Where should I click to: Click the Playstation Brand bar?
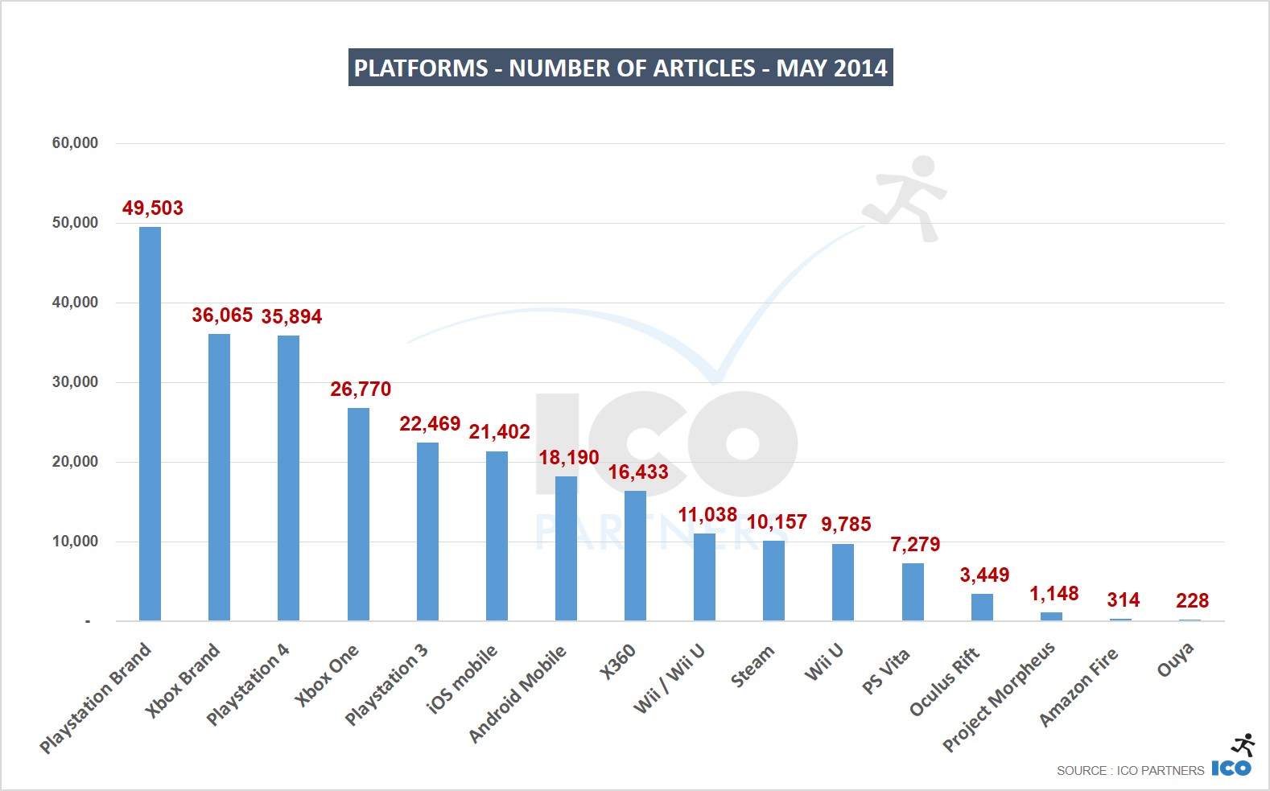tap(150, 423)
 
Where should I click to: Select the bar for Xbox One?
tap(358, 514)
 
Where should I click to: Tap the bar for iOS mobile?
tap(497, 536)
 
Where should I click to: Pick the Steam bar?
tap(773, 580)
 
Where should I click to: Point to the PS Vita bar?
tap(913, 591)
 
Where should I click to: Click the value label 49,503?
tap(153, 208)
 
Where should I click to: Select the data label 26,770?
tap(361, 389)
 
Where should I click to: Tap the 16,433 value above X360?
tap(638, 472)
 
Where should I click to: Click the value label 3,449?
tap(984, 575)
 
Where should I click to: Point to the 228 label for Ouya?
tap(1192, 601)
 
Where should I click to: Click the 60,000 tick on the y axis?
tap(75, 143)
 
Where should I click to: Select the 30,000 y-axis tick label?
tap(75, 382)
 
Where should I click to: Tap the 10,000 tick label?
tap(75, 542)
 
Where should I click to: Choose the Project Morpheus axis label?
tap(999, 696)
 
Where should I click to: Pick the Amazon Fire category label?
tap(1078, 686)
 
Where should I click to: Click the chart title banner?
tap(621, 68)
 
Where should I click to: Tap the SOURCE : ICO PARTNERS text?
tap(1130, 771)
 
